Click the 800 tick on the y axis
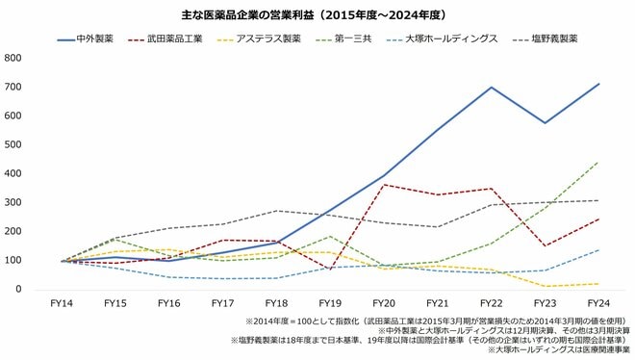click(14, 58)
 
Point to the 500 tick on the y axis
click(14, 144)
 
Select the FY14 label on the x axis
click(61, 303)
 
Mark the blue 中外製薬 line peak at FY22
click(492, 88)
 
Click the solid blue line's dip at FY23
click(546, 122)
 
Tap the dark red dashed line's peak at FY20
click(384, 184)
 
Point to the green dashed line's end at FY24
click(599, 162)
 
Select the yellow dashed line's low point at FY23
click(546, 285)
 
